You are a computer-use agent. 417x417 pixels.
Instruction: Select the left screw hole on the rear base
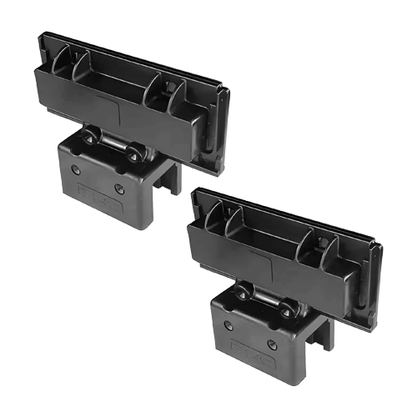76,168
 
